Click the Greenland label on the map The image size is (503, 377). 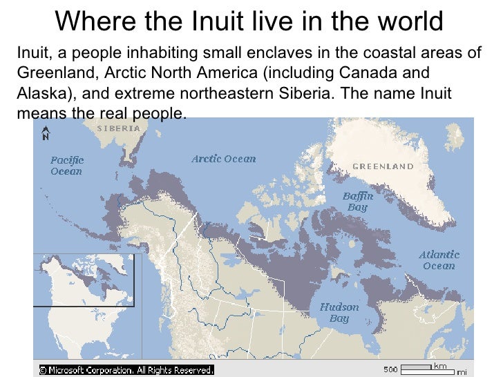click(x=383, y=166)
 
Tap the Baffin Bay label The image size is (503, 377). click(x=358, y=202)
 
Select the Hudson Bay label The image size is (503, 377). click(x=339, y=313)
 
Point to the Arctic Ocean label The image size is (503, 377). click(x=223, y=159)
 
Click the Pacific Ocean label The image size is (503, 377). click(x=66, y=166)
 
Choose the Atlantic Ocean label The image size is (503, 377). click(x=439, y=260)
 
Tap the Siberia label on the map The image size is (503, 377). click(x=118, y=128)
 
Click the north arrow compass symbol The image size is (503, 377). click(x=45, y=133)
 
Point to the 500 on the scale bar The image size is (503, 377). click(x=391, y=368)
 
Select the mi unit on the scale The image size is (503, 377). click(x=461, y=371)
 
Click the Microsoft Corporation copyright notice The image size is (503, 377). click(x=126, y=369)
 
